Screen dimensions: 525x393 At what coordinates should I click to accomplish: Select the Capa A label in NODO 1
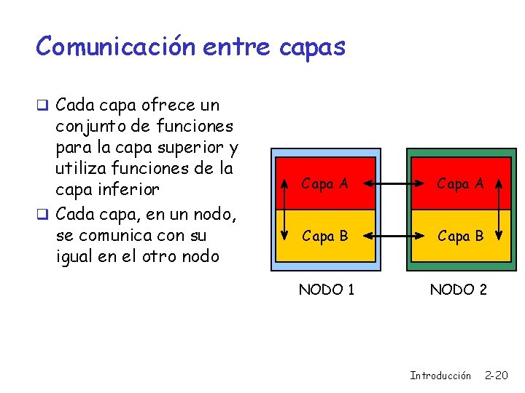(x=324, y=184)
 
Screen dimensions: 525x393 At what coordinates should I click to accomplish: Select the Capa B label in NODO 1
(x=324, y=237)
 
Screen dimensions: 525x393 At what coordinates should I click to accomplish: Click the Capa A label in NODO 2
(x=459, y=184)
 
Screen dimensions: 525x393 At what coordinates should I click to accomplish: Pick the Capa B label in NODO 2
(x=459, y=237)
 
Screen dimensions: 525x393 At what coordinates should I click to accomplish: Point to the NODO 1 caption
(x=327, y=290)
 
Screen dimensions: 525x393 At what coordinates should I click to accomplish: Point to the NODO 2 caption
(x=458, y=290)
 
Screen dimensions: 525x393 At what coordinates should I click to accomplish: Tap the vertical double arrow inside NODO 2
(x=499, y=210)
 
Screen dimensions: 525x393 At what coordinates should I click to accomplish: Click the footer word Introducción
(x=440, y=376)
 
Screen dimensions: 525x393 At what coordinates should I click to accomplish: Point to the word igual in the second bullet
(x=77, y=257)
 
